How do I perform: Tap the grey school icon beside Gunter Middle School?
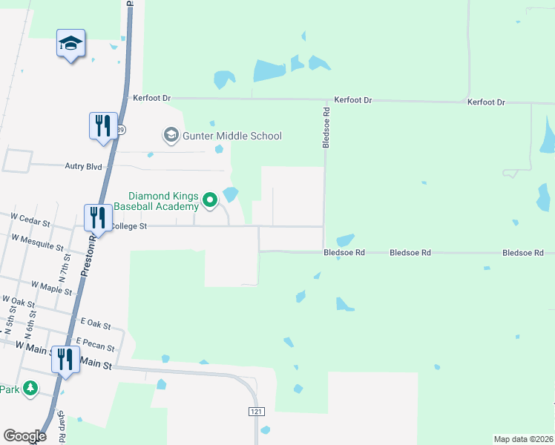click(x=171, y=136)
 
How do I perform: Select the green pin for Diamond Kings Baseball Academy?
click(x=210, y=199)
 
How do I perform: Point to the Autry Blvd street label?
click(x=84, y=168)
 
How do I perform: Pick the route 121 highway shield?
click(x=256, y=410)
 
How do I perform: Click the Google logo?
click(x=24, y=436)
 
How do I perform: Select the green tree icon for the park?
click(x=30, y=388)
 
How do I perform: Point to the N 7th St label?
click(x=63, y=266)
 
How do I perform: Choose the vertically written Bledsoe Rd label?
click(x=326, y=127)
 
